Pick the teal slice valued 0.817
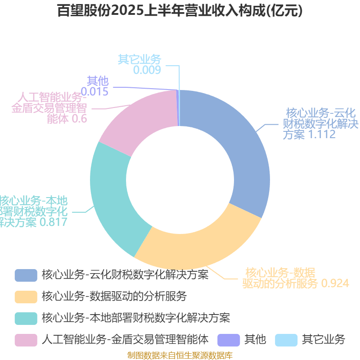coord(112,193)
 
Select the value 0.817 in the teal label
coord(53,222)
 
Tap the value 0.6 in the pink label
coord(79,119)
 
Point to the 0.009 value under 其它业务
coord(147,70)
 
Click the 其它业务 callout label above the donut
coord(139,59)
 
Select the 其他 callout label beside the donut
coord(98,81)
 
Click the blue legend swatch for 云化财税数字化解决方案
coord(26,275)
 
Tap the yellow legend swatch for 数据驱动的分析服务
coord(26,297)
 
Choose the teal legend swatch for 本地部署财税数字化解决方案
coord(26,318)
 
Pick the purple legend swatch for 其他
coord(228,340)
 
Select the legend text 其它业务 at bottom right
coord(323,339)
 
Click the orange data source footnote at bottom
coord(180,355)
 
